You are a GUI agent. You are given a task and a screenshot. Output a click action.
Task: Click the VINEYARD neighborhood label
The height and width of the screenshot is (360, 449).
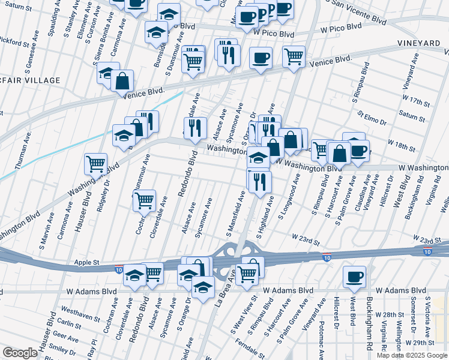(418, 44)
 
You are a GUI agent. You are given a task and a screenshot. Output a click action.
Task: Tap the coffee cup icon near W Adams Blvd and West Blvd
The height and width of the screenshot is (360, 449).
(354, 276)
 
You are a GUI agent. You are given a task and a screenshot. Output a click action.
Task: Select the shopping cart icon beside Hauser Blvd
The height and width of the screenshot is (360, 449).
(96, 163)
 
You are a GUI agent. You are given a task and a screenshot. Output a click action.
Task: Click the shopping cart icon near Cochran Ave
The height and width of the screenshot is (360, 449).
(144, 200)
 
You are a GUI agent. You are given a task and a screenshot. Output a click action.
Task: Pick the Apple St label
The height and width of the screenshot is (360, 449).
(86, 263)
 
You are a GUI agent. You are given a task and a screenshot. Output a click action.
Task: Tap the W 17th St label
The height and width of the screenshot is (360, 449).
(417, 97)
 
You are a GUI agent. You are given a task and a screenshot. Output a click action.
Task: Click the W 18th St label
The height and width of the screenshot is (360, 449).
(402, 145)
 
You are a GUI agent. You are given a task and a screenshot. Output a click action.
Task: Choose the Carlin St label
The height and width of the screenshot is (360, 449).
(70, 323)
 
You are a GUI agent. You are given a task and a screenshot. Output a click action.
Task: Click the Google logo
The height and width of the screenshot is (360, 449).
(20, 353)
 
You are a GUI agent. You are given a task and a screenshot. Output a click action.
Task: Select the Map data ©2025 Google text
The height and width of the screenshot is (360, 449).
(411, 355)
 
